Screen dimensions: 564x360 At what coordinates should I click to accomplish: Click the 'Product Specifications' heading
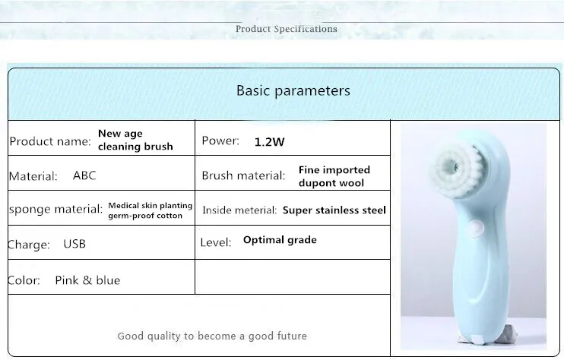tap(287, 29)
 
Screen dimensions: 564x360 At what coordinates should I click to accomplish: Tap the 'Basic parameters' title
tap(293, 90)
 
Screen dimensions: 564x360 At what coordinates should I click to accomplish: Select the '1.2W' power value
tap(269, 142)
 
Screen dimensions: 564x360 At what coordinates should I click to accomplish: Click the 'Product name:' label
tap(50, 141)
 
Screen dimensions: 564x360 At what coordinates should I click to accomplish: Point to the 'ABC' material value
tap(84, 175)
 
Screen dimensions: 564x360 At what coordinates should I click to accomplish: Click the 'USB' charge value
tap(74, 244)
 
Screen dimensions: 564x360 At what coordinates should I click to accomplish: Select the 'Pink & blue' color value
tap(87, 280)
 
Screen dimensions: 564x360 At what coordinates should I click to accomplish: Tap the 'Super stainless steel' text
tap(334, 210)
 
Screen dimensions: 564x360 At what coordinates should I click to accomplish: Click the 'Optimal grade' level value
tap(280, 240)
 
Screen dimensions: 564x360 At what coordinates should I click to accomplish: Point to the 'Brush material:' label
tap(243, 175)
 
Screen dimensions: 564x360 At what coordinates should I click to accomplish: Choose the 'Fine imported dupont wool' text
tap(334, 176)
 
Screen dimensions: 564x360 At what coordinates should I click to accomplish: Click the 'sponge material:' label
tap(56, 209)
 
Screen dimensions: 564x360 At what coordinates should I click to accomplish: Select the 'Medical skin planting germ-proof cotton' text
tap(151, 210)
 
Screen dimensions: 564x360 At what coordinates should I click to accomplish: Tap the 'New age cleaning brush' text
tap(135, 140)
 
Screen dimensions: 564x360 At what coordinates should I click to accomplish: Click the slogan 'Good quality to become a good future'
tap(212, 336)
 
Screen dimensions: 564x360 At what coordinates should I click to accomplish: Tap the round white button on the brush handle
tap(476, 229)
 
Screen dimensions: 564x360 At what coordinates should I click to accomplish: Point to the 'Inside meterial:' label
tap(239, 210)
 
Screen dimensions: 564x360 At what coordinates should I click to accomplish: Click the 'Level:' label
tap(216, 242)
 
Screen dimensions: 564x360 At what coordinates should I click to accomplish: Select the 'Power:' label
tap(220, 141)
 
